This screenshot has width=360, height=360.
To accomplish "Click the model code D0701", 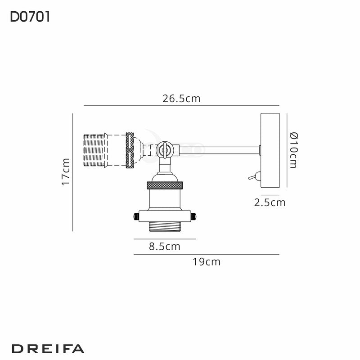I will tap(30, 17).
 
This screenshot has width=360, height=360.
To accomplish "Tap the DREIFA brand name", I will tap(47, 348).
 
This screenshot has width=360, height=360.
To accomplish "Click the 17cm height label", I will tap(66, 171).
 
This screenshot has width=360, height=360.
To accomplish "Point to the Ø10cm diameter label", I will tap(293, 150).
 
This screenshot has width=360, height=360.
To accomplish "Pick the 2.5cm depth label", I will tap(270, 202).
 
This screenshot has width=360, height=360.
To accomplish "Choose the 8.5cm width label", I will tap(164, 246).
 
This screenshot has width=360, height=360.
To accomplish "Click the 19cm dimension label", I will tap(206, 261).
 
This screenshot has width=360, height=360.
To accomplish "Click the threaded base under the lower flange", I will tap(164, 227).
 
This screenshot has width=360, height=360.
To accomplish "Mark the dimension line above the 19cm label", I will tap(206, 254).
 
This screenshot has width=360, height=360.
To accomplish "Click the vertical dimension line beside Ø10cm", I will tap(287, 150).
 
